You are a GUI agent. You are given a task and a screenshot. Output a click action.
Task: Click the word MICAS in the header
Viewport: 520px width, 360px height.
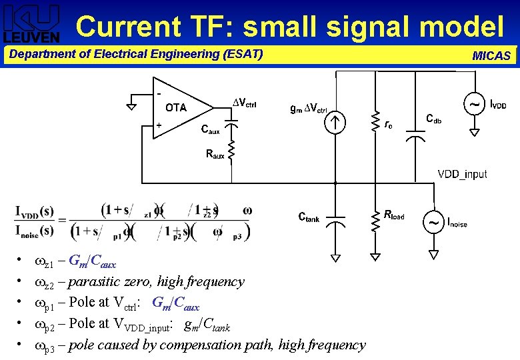tap(491, 56)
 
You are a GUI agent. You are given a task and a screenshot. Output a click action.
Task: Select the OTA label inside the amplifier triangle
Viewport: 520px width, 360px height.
tap(176, 107)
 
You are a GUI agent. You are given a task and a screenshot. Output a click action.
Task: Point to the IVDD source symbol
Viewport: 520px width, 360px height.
tap(474, 105)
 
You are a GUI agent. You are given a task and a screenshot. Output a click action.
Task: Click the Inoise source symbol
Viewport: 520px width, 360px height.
tap(434, 222)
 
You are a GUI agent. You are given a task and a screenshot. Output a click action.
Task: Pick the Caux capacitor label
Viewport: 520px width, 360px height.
tap(211, 131)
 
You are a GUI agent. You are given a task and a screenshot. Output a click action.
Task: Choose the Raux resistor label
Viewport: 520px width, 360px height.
tap(215, 155)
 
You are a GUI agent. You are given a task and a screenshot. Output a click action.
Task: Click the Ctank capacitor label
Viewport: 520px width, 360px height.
tap(308, 217)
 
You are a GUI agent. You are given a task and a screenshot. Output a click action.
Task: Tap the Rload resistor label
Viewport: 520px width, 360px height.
tap(394, 215)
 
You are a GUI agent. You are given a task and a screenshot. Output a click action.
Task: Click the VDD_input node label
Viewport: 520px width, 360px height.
tap(462, 174)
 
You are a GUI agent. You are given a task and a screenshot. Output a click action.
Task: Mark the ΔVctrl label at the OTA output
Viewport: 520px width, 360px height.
tap(244, 102)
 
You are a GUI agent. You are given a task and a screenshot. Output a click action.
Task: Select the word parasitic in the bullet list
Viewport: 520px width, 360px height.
tap(95, 281)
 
